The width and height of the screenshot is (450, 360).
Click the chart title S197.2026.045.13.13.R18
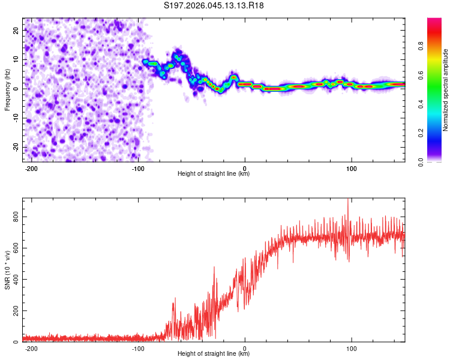pyautogui.click(x=214, y=6)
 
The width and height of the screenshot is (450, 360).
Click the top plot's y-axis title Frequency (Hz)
pyautogui.click(x=7, y=89)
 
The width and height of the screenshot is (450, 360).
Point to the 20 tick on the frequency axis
pyautogui.click(x=16, y=30)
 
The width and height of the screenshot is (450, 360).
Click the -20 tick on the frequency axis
pyautogui.click(x=15, y=147)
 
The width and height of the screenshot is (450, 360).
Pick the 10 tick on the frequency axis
pyautogui.click(x=16, y=59)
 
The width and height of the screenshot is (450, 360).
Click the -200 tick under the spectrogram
pyautogui.click(x=31, y=167)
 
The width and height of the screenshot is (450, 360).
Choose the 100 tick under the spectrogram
pyautogui.click(x=351, y=167)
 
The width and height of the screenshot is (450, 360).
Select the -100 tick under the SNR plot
pyautogui.click(x=138, y=348)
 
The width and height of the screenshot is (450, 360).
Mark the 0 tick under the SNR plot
pyautogui.click(x=245, y=348)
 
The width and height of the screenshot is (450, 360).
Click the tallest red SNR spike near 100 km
pyautogui.click(x=348, y=200)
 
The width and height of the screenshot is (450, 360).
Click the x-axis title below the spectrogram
pyautogui.click(x=214, y=174)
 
